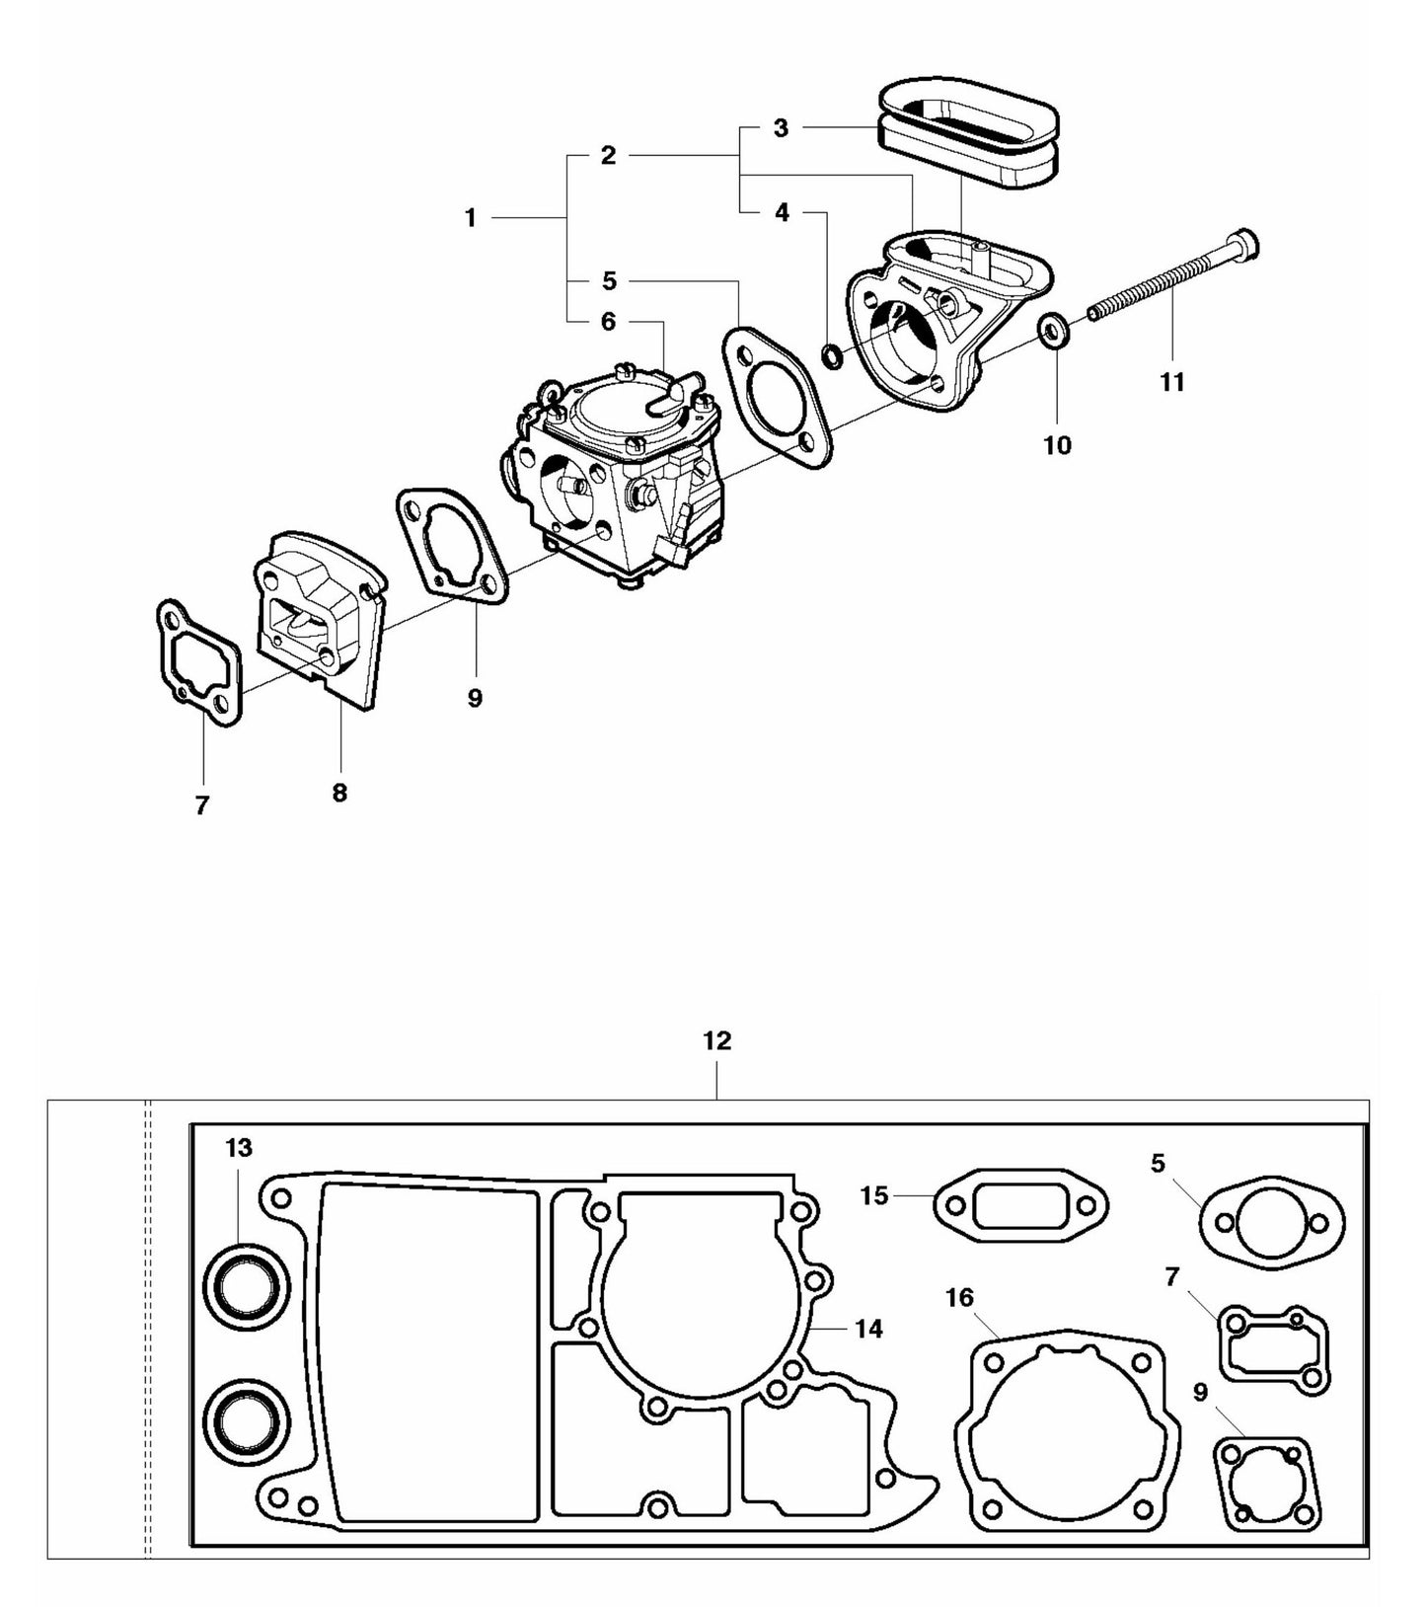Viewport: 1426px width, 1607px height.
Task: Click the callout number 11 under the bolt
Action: click(x=1171, y=382)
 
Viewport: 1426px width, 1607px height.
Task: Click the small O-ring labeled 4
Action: click(x=833, y=355)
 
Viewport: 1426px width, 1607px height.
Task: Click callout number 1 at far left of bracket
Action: click(x=471, y=217)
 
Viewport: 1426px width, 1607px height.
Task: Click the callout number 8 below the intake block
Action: click(x=339, y=793)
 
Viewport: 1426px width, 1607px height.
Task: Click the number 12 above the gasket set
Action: click(x=717, y=1040)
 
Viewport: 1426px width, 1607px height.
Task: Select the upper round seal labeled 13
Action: click(x=248, y=1283)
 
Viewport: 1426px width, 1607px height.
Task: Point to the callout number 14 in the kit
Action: click(x=868, y=1329)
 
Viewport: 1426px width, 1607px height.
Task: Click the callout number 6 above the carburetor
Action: click(x=608, y=322)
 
